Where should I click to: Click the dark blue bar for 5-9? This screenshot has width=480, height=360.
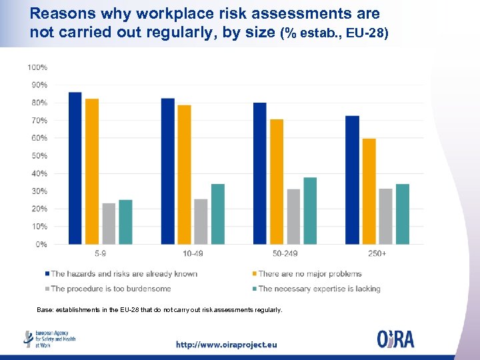click(75, 168)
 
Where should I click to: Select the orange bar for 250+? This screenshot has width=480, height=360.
click(369, 191)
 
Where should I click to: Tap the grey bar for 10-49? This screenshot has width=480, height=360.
click(201, 221)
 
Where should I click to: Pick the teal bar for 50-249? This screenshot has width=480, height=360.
click(310, 211)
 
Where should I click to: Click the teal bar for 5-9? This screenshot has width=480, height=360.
click(125, 222)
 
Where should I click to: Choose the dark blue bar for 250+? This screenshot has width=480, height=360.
click(352, 180)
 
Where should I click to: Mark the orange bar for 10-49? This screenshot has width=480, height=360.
click(184, 175)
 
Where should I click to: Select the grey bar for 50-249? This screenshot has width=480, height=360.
click(293, 217)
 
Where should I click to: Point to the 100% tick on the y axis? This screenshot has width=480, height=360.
click(37, 67)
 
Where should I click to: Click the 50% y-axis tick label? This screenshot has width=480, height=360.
click(39, 156)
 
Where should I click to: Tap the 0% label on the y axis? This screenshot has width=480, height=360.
click(41, 245)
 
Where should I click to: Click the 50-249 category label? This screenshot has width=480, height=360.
click(285, 254)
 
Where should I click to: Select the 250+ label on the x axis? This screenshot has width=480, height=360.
click(377, 254)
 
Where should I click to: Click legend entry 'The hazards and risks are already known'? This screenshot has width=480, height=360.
click(124, 274)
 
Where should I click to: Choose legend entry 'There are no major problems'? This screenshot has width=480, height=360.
click(310, 274)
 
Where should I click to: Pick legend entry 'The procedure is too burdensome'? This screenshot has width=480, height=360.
click(111, 289)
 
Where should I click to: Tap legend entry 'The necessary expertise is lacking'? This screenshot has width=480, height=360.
click(319, 289)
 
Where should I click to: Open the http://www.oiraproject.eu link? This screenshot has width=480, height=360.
click(226, 345)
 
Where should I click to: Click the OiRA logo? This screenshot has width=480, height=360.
click(395, 339)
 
